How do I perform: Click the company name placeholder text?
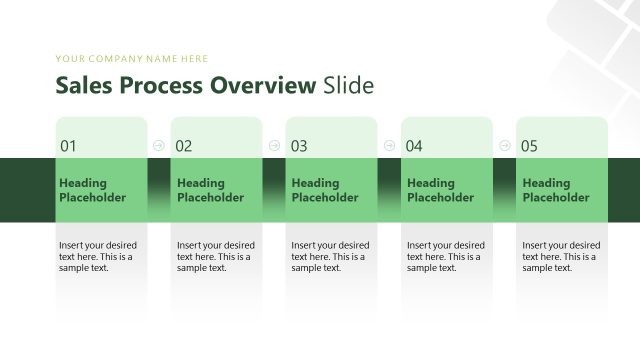click(x=132, y=59)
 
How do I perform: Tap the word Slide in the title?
click(x=348, y=85)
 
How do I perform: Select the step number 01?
click(x=68, y=146)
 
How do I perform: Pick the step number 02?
click(x=184, y=146)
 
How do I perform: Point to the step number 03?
click(x=299, y=146)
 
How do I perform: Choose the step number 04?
click(x=414, y=146)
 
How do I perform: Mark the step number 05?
click(x=529, y=146)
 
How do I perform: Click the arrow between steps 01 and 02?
click(x=159, y=145)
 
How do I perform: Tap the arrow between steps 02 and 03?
click(x=274, y=145)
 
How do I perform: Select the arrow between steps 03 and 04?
click(x=389, y=145)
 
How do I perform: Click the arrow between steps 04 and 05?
click(x=505, y=145)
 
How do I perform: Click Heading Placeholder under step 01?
click(x=93, y=190)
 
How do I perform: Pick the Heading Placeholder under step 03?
click(x=325, y=190)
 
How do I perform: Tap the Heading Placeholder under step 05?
click(x=556, y=190)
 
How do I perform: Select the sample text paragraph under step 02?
click(x=216, y=256)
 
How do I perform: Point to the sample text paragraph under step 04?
click(x=446, y=256)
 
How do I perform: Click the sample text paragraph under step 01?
click(x=98, y=256)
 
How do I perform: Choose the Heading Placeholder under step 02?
click(x=210, y=190)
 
